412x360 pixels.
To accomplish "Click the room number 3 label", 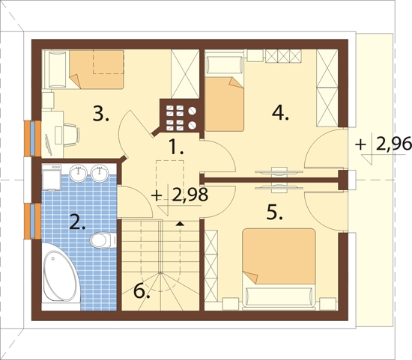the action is pos(101,115).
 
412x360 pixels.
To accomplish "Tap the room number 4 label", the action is pos(280,114).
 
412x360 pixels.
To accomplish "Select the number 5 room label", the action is pos(275,212).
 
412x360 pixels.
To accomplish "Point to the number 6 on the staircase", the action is pos(142,291).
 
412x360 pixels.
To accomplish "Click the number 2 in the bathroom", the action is pos(77,222).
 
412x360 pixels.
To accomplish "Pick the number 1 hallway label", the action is pos(176,147).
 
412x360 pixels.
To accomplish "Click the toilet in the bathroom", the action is pos(103,240).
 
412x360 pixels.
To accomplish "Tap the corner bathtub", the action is pos(61,276).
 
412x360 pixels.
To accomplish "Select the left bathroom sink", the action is pos(78,173).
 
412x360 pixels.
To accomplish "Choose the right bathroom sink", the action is pos(100,173).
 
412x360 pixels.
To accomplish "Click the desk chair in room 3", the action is pos(70,135).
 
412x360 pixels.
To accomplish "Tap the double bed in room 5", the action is pos(279,268).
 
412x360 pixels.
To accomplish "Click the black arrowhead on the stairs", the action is pos(180,224).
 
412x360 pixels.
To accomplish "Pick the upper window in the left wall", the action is pos(32,138).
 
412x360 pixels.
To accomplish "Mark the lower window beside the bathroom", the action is pos(32,222).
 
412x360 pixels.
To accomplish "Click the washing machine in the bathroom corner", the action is pos(52,177).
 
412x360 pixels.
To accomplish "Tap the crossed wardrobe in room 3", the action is pos(185,74).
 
